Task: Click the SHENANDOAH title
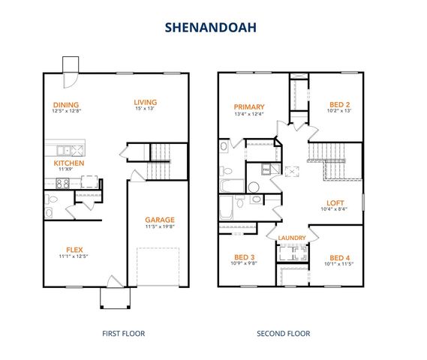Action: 212,28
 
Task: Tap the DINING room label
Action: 66,105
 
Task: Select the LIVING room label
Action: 144,103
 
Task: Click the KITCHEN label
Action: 68,163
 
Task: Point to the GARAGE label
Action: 160,220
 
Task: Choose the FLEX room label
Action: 74,250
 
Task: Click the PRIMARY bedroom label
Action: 248,106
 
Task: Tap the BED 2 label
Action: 340,105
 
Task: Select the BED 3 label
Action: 242,256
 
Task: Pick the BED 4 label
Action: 339,256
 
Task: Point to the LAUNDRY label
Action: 291,238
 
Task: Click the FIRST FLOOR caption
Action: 123,334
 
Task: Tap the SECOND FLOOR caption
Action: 283,334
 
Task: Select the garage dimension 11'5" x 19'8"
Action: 160,227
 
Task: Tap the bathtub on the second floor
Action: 232,185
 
